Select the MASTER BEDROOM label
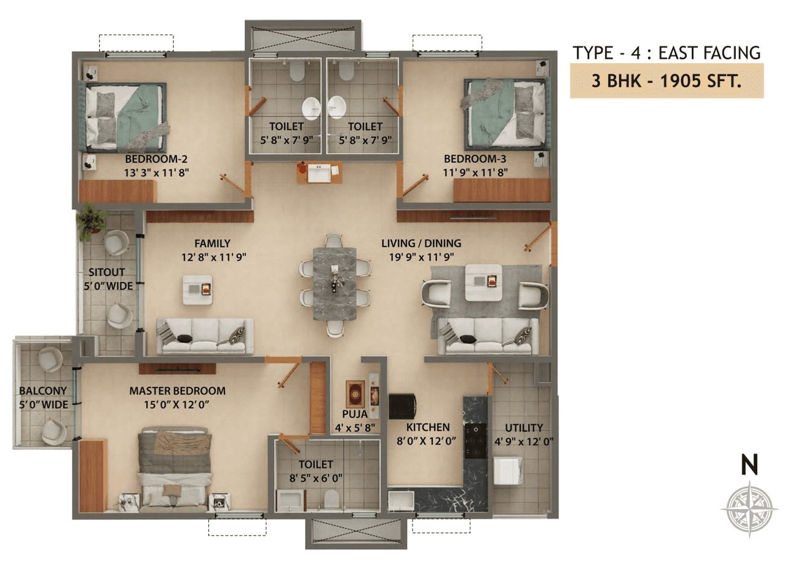[x=177, y=391]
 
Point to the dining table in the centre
[x=335, y=283]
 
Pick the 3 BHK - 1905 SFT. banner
[x=666, y=81]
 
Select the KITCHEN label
[x=428, y=427]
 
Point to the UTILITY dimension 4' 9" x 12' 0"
[x=524, y=441]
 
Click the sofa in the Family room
[x=205, y=336]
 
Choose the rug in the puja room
[x=355, y=393]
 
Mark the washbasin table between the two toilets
[x=319, y=172]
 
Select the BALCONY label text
[x=42, y=391]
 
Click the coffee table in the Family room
[x=198, y=290]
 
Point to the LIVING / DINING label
[x=421, y=243]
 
